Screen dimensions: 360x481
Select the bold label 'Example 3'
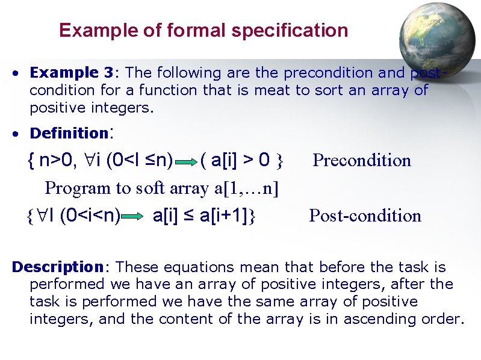click(x=71, y=73)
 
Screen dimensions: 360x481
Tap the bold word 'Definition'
click(x=68, y=133)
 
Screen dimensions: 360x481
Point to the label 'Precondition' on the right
click(x=362, y=161)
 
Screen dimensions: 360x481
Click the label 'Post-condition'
click(x=365, y=216)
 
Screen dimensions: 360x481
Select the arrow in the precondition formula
click(x=185, y=161)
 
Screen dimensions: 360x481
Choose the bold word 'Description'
click(x=58, y=267)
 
